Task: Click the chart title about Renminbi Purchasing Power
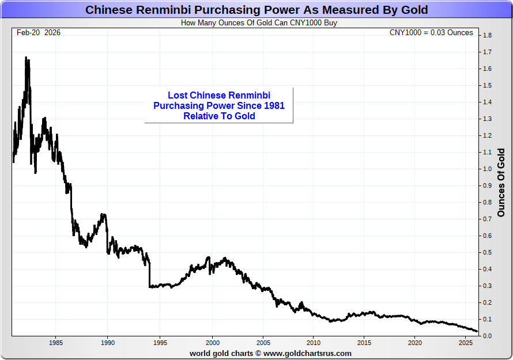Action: click(x=256, y=10)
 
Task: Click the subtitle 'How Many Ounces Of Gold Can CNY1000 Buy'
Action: click(x=259, y=23)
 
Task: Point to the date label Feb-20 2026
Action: click(x=39, y=33)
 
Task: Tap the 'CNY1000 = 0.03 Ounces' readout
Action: click(x=431, y=33)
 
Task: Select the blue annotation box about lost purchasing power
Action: click(x=219, y=105)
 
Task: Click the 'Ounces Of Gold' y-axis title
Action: click(x=501, y=183)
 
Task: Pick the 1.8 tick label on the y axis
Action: click(x=487, y=36)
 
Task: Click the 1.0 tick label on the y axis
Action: click(x=487, y=169)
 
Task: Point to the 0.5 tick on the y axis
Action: click(x=487, y=253)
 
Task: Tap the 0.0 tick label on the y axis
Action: click(x=487, y=336)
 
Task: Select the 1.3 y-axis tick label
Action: click(x=487, y=119)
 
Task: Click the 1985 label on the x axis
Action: click(x=56, y=343)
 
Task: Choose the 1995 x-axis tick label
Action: click(x=160, y=343)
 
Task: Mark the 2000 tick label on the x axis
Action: click(x=213, y=343)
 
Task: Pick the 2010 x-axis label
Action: click(x=313, y=343)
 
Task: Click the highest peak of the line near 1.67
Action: click(x=27, y=58)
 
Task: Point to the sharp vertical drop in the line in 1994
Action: click(x=149, y=274)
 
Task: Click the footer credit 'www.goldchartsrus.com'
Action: click(x=307, y=353)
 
